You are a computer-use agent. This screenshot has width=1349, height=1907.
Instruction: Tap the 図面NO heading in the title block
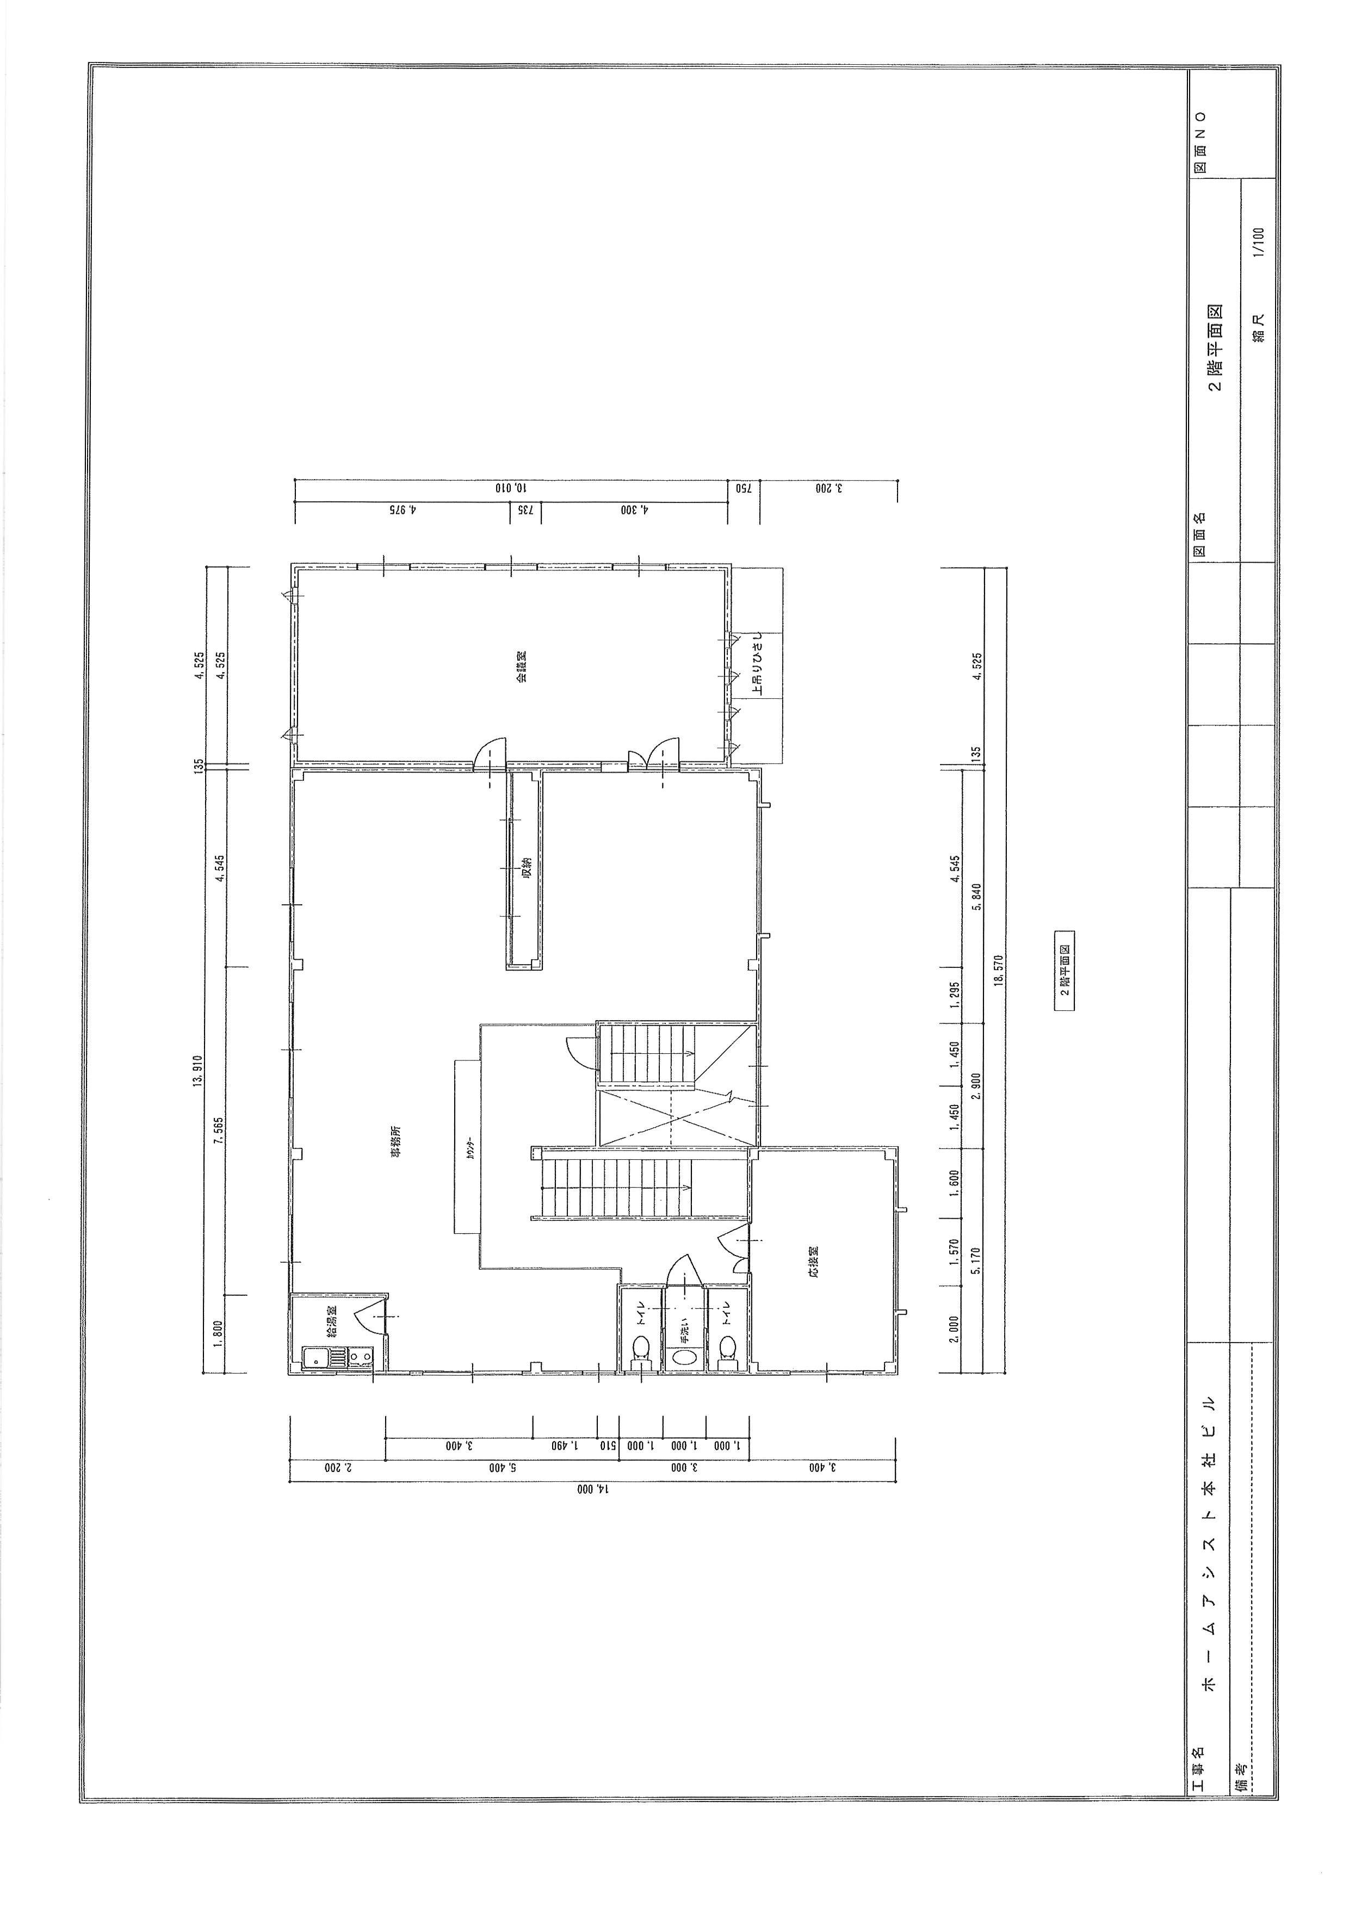1199,141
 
